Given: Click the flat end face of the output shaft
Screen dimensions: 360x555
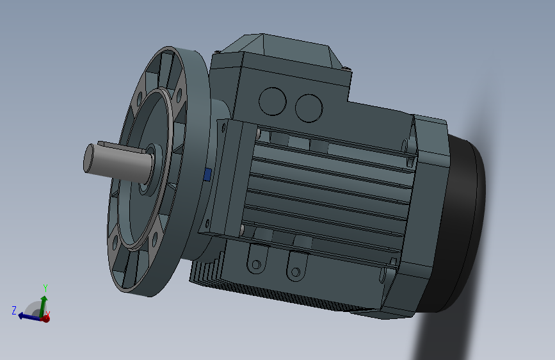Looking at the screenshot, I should (x=91, y=158).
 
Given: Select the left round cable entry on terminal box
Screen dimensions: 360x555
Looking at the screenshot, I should (x=273, y=101).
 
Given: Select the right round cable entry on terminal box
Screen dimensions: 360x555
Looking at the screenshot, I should (x=308, y=107).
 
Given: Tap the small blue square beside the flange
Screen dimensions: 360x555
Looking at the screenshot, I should (x=207, y=175).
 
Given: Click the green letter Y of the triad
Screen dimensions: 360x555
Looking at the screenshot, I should (x=45, y=287).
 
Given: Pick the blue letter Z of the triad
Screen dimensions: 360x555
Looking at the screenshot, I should (x=13, y=310).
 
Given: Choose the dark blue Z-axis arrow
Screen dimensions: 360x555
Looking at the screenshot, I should (x=28, y=315).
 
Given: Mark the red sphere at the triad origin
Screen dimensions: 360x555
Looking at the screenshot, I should (x=45, y=318).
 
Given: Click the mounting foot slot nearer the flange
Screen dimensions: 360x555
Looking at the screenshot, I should (x=257, y=264).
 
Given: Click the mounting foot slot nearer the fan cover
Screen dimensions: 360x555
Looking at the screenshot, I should (x=295, y=272).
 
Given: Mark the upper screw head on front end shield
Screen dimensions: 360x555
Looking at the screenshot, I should (x=258, y=134).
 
